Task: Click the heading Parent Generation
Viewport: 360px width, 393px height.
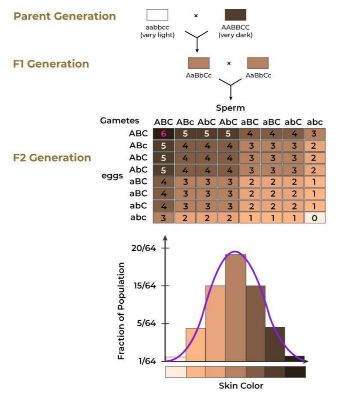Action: point(65,16)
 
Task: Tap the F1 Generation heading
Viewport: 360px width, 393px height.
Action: point(51,64)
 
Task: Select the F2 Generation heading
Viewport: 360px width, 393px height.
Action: point(52,158)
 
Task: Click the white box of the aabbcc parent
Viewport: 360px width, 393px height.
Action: point(157,15)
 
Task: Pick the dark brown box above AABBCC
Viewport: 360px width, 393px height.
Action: point(235,15)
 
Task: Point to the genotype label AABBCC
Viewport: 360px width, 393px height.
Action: point(235,28)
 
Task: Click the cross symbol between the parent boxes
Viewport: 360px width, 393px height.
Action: point(196,16)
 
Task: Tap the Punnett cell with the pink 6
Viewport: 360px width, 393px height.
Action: point(163,134)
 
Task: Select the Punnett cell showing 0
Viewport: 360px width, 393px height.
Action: point(315,218)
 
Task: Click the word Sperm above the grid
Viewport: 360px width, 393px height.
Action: point(230,108)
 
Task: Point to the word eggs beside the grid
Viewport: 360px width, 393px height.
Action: point(112,175)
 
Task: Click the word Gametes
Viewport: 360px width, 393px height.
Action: point(120,120)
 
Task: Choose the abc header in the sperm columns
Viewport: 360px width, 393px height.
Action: point(315,122)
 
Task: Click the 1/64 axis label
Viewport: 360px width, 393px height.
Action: point(148,361)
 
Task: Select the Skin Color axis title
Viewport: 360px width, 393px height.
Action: point(241,385)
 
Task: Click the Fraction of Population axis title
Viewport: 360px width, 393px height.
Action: point(121,311)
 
